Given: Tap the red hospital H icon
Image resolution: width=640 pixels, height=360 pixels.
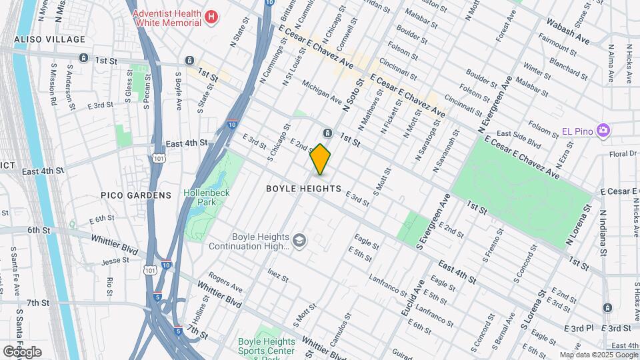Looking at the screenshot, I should point(211,17).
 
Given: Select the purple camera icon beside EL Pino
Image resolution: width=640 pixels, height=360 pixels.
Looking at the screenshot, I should point(603,129).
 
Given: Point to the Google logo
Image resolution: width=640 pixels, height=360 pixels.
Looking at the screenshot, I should point(22,351).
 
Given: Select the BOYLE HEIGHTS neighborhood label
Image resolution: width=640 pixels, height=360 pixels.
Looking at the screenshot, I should point(303,189).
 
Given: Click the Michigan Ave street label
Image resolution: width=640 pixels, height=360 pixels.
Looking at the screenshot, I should point(321,93).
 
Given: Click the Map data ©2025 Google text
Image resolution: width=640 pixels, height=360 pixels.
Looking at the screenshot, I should point(599,355).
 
